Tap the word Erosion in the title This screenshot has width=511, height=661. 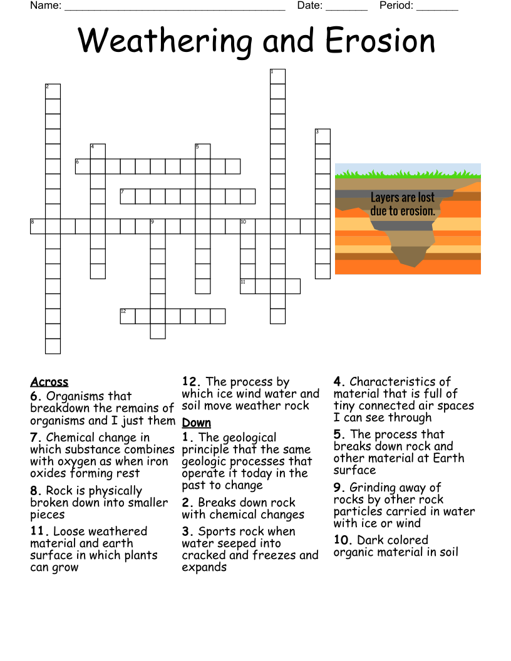pyautogui.click(x=379, y=41)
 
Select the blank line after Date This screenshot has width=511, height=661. pyautogui.click(x=346, y=8)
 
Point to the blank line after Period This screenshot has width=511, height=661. pyautogui.click(x=437, y=8)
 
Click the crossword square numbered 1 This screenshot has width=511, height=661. pyautogui.click(x=277, y=76)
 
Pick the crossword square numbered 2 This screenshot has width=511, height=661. pyautogui.click(x=53, y=91)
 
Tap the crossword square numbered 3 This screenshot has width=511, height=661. pyautogui.click(x=323, y=136)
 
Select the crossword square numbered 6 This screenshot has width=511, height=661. pyautogui.click(x=83, y=167)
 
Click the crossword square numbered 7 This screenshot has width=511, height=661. pyautogui.click(x=128, y=197)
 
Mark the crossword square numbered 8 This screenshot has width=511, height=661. pyautogui.click(x=38, y=227)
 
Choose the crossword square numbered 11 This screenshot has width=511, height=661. pyautogui.click(x=248, y=287)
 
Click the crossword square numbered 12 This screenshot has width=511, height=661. pyautogui.click(x=128, y=316)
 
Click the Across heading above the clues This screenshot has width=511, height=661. pyautogui.click(x=49, y=382)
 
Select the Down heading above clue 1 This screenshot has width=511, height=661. pyautogui.click(x=197, y=423)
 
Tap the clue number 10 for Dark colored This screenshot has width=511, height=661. pyautogui.click(x=343, y=540)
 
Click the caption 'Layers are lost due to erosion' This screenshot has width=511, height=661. pyautogui.click(x=403, y=205)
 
